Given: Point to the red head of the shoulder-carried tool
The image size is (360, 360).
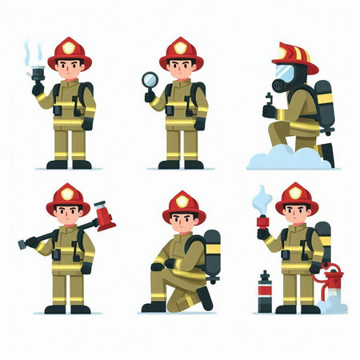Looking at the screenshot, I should pyautogui.click(x=104, y=215).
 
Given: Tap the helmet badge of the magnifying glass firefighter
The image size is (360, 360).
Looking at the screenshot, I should pyautogui.click(x=181, y=48).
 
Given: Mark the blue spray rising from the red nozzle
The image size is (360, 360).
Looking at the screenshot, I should pyautogui.click(x=261, y=198).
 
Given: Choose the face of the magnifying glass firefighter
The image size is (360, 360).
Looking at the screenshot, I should pyautogui.click(x=182, y=69).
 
